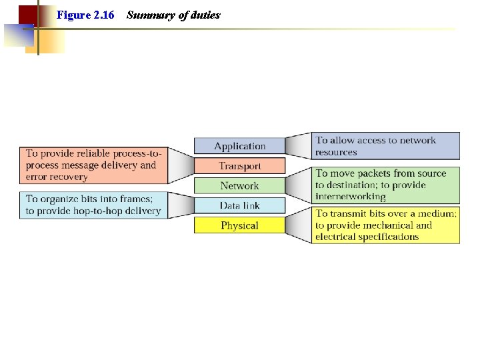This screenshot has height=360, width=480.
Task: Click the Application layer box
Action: click(x=239, y=146)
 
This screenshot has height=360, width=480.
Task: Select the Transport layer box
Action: click(x=239, y=166)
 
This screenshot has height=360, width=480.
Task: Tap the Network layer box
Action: click(x=239, y=186)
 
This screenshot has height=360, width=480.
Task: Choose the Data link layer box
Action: click(x=239, y=205)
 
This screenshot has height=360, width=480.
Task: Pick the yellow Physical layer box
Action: click(x=239, y=225)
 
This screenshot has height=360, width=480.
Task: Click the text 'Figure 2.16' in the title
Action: click(x=85, y=15)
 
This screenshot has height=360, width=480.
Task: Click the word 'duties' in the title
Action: click(x=205, y=15)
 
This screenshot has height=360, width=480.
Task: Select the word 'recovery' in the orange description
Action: click(x=67, y=177)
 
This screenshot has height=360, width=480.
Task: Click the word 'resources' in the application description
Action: click(x=336, y=152)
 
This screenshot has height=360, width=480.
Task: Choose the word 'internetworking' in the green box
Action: click(x=351, y=196)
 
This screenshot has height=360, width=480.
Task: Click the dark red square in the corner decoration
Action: click(x=27, y=15)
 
